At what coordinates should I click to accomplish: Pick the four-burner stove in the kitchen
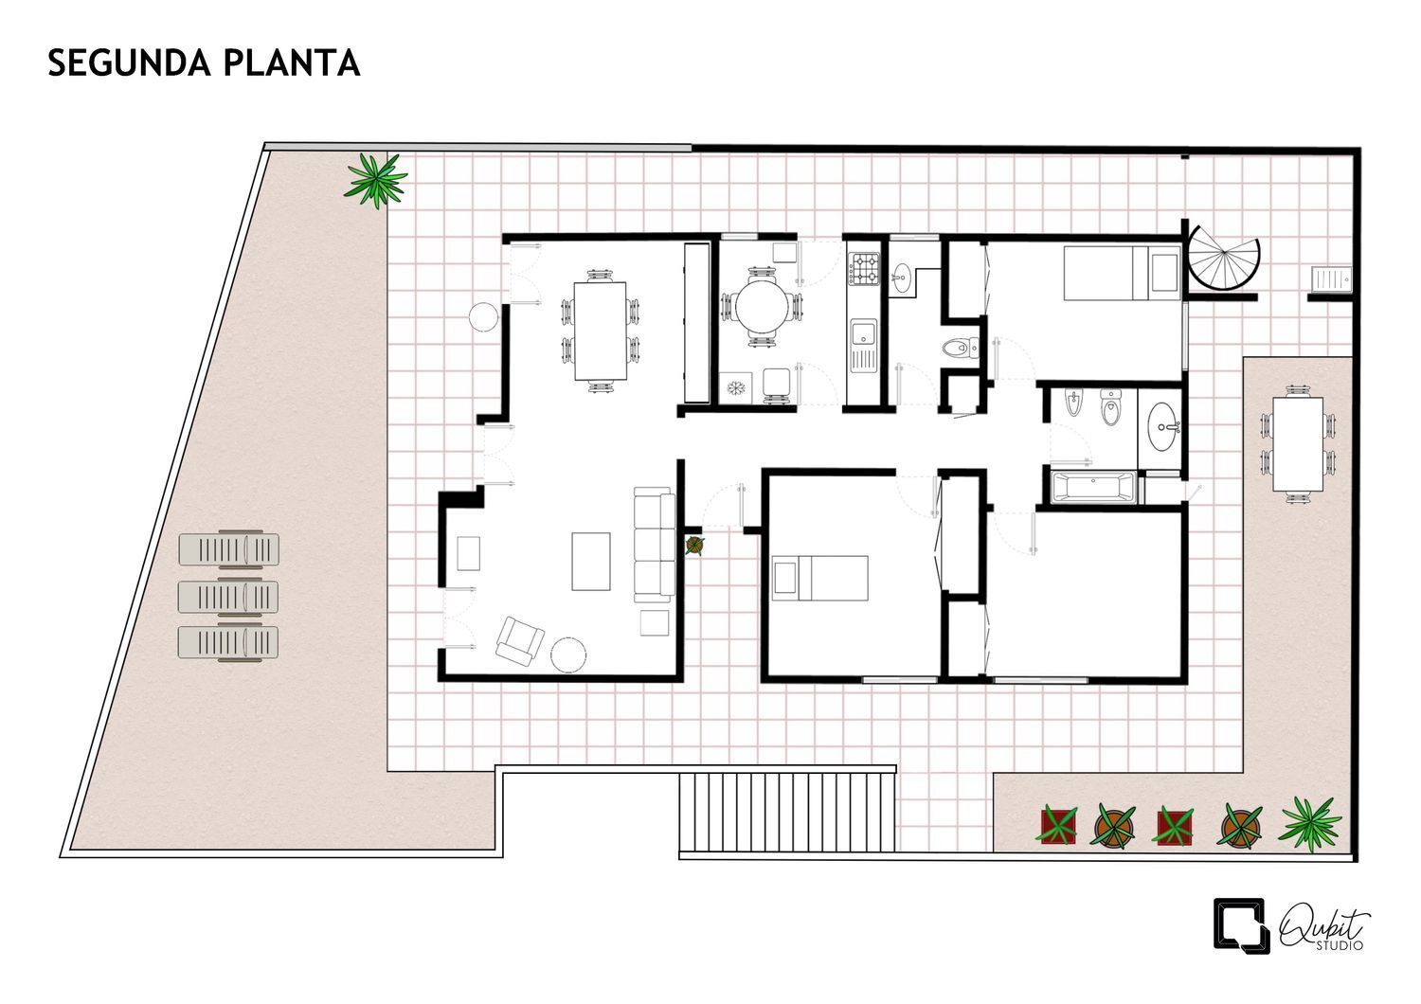tap(865, 268)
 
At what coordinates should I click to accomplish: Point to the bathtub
tap(1093, 488)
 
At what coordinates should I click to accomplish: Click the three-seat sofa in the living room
tap(653, 544)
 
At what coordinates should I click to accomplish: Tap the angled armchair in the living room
tap(520, 640)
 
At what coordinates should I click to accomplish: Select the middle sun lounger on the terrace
tap(229, 596)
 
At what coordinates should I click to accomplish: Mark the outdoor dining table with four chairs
tap(1297, 443)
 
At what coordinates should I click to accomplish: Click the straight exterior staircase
tap(788, 814)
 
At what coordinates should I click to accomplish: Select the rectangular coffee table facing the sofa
tap(592, 561)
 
